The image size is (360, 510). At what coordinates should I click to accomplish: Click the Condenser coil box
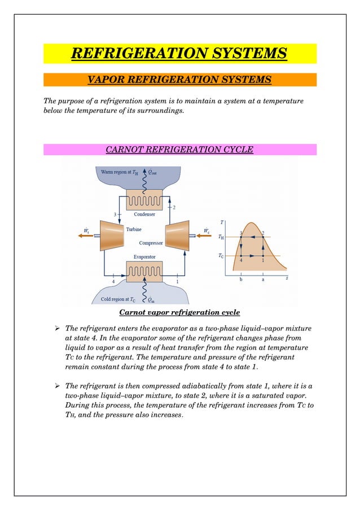coord(144,200)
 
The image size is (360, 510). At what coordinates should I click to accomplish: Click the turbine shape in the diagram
coord(113,233)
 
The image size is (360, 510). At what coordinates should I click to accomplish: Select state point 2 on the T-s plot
coord(262,237)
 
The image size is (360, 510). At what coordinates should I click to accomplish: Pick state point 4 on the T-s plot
coord(241,256)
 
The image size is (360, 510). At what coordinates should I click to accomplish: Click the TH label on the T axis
coord(221,237)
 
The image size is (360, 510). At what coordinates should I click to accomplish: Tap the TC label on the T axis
coord(221,256)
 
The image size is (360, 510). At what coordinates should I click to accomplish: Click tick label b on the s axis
coord(241,280)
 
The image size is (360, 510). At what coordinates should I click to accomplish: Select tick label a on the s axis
coord(262,280)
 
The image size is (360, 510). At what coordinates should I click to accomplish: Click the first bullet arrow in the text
coord(56,328)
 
